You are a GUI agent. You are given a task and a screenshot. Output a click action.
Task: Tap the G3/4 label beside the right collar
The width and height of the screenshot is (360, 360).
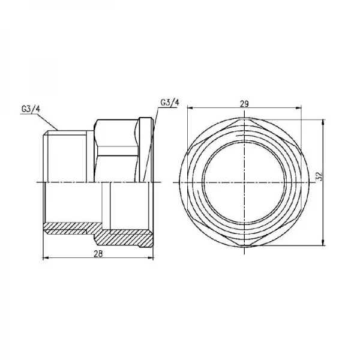click(x=170, y=102)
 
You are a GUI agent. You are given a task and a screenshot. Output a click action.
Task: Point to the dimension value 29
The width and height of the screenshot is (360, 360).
click(x=244, y=104)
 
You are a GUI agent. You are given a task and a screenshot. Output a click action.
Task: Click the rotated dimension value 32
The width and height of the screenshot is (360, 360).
click(x=320, y=177)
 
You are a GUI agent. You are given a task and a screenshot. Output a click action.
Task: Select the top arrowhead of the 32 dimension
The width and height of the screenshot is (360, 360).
click(x=325, y=121)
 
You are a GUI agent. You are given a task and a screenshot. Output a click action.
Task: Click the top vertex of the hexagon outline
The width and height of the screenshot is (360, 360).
click(x=244, y=120)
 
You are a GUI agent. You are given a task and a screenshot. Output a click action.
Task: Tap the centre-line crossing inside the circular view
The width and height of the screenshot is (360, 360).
click(x=244, y=181)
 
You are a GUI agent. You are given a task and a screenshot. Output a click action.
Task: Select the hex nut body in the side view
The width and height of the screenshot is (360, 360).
click(x=117, y=150)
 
